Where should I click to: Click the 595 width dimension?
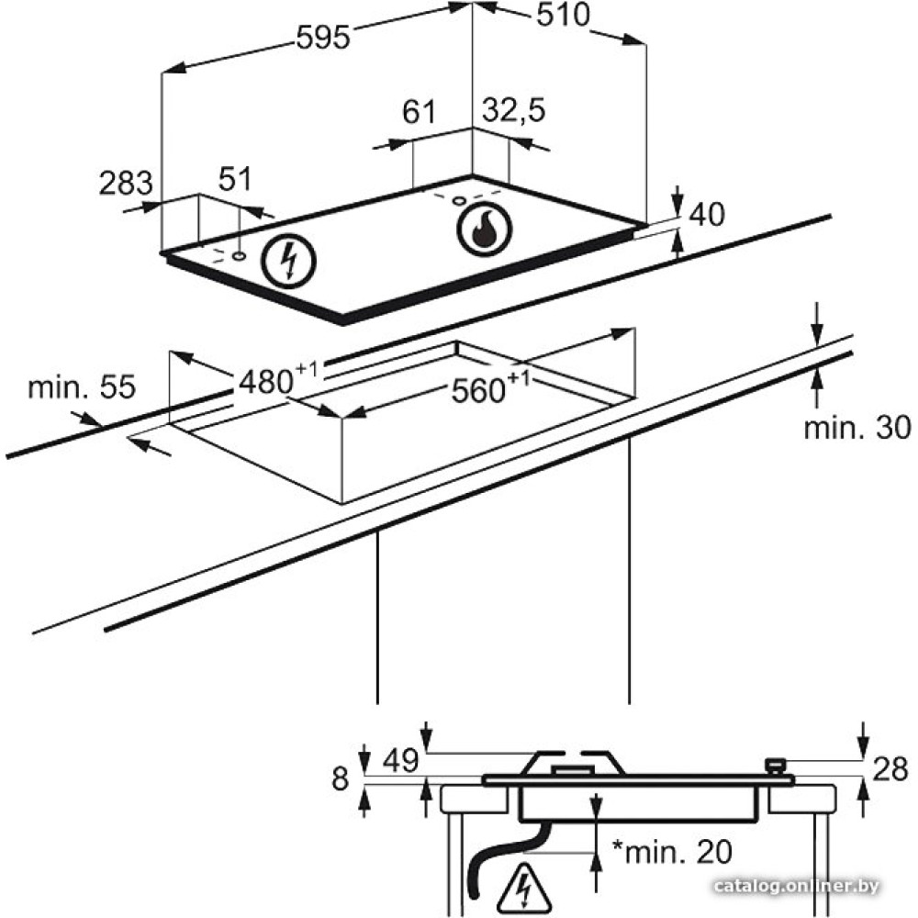322,38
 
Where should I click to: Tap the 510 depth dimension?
564,16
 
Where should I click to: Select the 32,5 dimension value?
513,110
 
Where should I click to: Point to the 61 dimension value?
420,111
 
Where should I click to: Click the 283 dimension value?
125,183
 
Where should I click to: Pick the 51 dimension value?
235,179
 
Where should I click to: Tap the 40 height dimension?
707,214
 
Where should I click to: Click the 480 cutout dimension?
277,380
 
